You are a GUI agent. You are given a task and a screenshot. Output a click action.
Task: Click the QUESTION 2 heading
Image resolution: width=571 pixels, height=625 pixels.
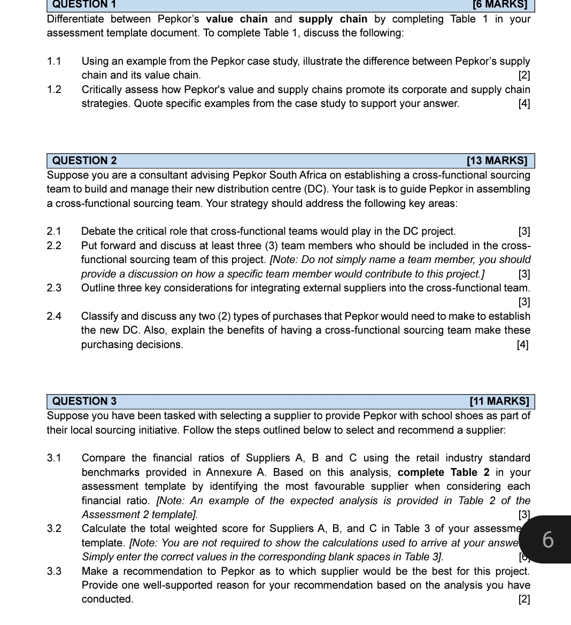tap(84, 161)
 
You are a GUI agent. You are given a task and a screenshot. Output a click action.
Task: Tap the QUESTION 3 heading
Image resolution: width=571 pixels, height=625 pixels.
tap(84, 402)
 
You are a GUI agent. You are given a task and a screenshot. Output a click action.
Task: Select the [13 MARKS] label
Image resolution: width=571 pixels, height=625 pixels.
tap(497, 161)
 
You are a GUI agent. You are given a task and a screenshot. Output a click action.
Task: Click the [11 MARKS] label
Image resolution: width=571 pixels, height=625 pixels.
tap(499, 402)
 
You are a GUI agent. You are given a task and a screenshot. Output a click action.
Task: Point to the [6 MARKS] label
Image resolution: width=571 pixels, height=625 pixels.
tap(500, 5)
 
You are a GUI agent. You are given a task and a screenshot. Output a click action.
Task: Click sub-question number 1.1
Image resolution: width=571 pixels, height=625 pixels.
tap(54, 61)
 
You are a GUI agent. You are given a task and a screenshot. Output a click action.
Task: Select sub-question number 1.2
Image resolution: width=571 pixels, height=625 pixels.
tap(54, 90)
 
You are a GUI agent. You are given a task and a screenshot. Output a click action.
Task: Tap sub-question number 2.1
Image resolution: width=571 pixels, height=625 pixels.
tap(54, 232)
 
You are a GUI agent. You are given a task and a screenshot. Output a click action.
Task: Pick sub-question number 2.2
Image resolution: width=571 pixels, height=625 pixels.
tap(54, 246)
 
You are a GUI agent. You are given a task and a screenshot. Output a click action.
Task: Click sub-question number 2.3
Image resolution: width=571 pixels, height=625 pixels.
tap(54, 288)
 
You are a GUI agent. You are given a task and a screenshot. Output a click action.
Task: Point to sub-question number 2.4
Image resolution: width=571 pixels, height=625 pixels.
tap(54, 317)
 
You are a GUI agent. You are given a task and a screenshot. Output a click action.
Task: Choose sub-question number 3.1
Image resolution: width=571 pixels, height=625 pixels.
tap(54, 458)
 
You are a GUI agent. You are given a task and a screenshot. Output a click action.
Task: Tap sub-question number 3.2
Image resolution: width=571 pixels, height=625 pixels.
tap(54, 529)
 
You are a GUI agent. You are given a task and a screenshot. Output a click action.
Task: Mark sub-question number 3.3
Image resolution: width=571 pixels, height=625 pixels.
tap(54, 572)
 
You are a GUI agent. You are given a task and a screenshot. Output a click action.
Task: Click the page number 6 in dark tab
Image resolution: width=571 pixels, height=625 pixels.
tap(548, 540)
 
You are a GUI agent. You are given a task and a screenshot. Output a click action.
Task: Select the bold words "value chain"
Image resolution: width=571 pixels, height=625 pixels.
tap(237, 19)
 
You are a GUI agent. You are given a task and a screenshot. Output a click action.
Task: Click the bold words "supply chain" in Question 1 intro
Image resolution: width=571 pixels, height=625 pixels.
tap(333, 19)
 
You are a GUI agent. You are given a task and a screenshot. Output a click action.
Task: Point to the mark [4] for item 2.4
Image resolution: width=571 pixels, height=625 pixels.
tap(522, 345)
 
